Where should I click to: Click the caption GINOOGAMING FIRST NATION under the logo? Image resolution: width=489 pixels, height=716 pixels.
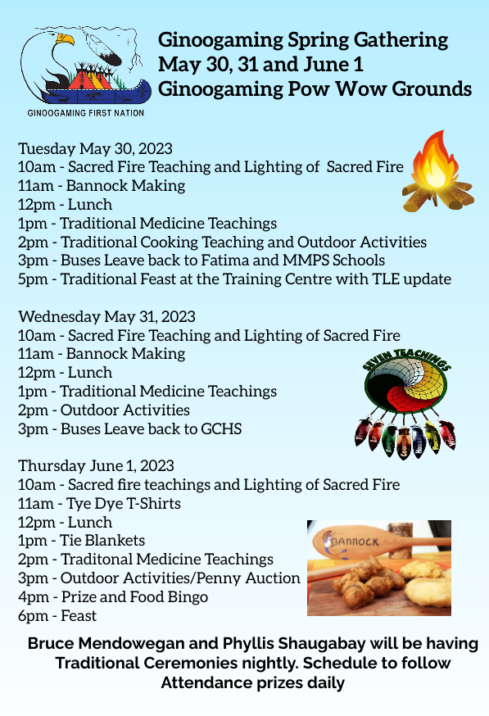click(86, 113)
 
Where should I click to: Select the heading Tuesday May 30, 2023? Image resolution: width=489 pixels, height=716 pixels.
click(96, 149)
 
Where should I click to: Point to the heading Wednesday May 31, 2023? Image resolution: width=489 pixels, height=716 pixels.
click(106, 316)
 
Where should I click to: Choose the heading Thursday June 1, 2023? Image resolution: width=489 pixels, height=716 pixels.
click(97, 466)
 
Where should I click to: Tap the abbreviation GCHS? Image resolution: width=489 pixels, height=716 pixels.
click(221, 428)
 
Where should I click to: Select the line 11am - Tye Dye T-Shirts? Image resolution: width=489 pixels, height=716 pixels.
click(100, 504)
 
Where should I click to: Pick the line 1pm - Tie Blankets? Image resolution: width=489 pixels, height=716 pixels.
click(82, 541)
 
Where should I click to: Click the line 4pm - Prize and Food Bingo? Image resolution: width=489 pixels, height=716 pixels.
click(113, 597)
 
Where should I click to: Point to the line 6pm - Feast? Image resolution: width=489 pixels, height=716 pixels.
click(57, 615)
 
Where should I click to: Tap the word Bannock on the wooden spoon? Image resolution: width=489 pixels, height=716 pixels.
click(354, 542)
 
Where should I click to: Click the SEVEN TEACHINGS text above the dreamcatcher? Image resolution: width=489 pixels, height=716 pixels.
click(406, 359)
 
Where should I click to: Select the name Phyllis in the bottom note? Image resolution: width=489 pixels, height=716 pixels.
click(248, 644)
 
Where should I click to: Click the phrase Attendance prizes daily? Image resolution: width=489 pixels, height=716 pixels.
click(252, 683)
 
